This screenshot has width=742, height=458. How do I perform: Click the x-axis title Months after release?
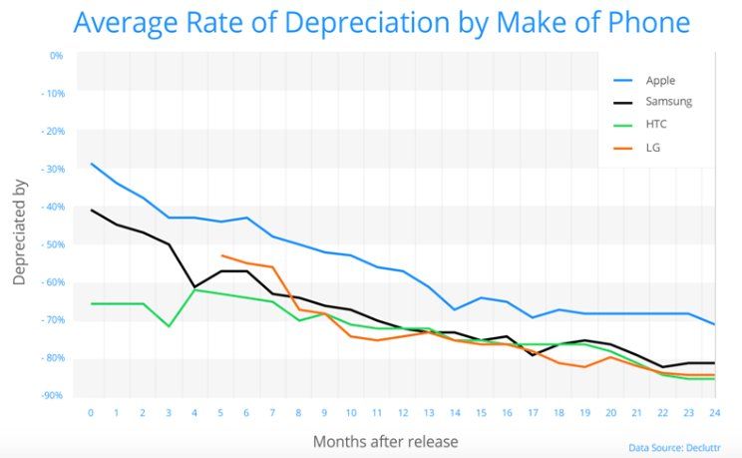pos(386,440)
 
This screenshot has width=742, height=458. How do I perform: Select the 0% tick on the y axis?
pos(56,55)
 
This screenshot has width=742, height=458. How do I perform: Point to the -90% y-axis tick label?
pos(53,396)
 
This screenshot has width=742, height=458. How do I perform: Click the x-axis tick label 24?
pos(712,412)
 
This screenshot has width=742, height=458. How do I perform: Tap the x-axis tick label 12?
pos(402,412)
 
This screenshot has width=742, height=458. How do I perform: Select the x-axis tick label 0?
pos(91,412)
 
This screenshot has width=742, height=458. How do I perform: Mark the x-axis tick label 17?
pos(532,412)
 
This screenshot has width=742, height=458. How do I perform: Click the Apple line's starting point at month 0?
pos(91,164)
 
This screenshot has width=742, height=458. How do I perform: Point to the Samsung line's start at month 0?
pos(91,210)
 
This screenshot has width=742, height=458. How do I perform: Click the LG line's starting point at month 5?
pos(220,255)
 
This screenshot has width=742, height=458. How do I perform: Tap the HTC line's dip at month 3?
pos(169,326)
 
